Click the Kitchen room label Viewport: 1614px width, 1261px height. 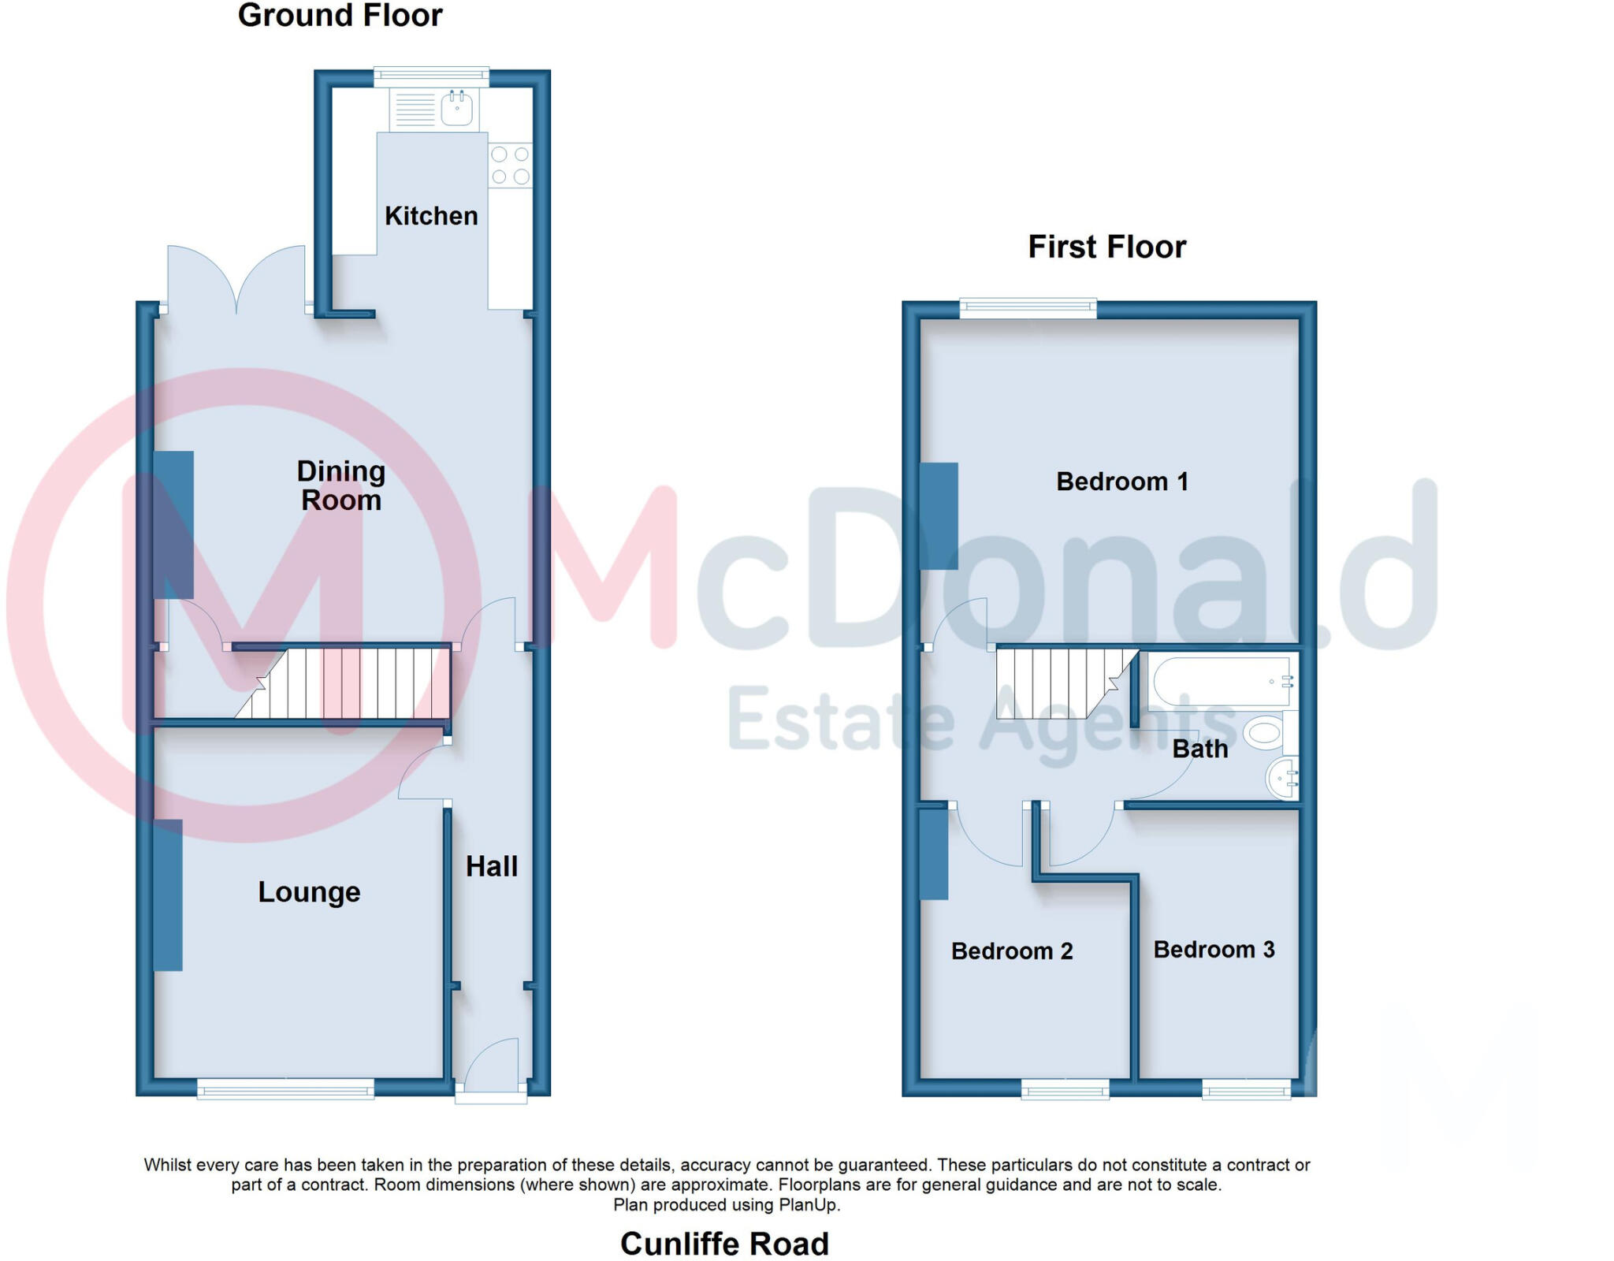431,216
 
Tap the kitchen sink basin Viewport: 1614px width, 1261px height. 457,109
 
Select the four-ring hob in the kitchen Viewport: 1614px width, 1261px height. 510,166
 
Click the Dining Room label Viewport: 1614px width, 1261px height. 340,485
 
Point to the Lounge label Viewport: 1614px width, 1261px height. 309,892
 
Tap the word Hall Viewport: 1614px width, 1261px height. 491,867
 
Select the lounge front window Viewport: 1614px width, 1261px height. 285,1091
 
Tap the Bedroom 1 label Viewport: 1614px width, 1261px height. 1121,482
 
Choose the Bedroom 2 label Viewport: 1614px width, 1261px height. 1012,951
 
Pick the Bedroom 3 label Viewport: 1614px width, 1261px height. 1214,950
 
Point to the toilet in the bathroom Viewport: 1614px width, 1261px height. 1263,733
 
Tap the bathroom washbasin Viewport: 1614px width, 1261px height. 1282,779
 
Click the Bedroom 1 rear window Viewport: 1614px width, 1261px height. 1028,308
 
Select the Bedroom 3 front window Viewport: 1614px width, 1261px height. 1246,1091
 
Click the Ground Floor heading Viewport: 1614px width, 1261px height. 340,16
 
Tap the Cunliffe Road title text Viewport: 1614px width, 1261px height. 724,1244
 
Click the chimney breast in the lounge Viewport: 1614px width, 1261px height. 168,895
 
